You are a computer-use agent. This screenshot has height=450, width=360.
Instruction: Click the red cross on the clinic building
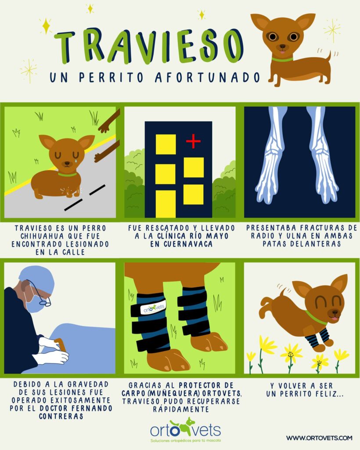point(194,141)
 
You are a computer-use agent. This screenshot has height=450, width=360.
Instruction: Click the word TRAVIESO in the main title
point(148,46)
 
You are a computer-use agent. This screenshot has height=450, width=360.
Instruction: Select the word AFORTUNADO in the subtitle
point(208,77)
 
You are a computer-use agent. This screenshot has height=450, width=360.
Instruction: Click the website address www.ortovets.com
point(319,438)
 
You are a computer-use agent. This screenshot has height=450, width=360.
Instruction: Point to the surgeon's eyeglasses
point(40,294)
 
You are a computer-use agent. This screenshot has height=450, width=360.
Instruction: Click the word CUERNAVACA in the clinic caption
point(181,244)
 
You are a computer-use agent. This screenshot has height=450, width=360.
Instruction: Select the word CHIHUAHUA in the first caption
point(40,236)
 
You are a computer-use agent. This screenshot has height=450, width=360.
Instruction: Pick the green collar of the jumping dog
point(315,318)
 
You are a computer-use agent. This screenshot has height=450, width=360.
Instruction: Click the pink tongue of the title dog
point(283,52)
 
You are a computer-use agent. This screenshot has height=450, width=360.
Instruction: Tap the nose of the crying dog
point(67,163)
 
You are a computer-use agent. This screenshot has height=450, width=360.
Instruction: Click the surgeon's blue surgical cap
point(37,278)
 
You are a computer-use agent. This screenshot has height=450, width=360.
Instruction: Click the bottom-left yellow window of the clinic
point(166,204)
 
